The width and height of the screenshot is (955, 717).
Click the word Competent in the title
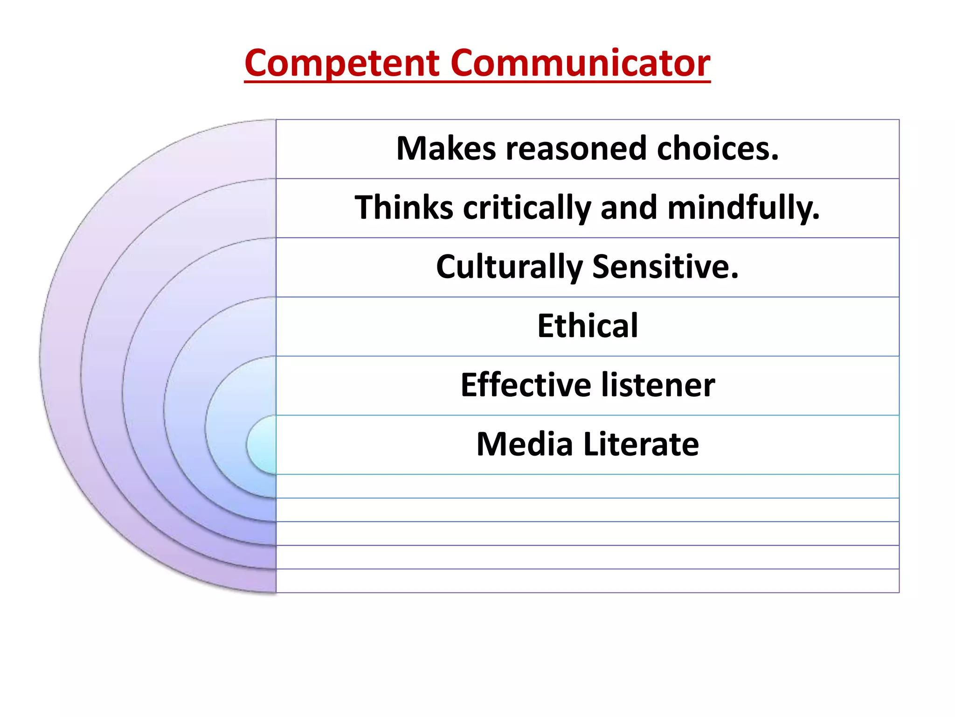[342, 64]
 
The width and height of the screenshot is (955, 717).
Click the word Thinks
[404, 207]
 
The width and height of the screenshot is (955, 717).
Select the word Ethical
[588, 326]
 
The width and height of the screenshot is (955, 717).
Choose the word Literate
[641, 444]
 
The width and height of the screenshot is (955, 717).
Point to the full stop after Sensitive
[735, 277]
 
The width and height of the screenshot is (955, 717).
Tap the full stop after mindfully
[816, 218]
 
